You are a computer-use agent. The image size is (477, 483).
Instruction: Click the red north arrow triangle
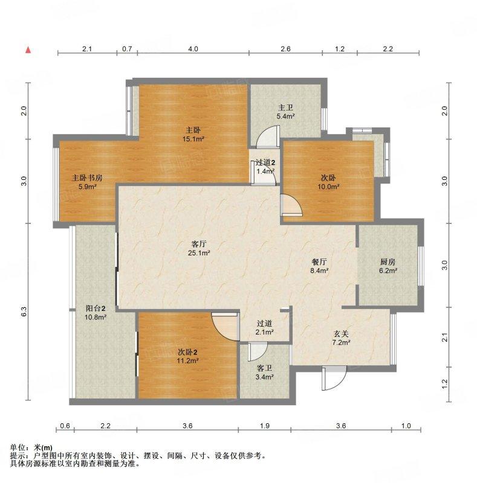click(28, 50)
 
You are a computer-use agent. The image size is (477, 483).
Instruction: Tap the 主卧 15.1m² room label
click(193, 134)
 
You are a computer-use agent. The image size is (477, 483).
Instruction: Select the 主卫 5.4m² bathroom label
click(285, 112)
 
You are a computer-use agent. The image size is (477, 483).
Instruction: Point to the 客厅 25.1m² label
click(199, 249)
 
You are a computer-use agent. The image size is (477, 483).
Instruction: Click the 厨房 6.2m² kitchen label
click(388, 266)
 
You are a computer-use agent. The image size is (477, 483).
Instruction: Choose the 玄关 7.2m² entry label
click(341, 338)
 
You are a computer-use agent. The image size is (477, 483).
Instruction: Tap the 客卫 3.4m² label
click(264, 373)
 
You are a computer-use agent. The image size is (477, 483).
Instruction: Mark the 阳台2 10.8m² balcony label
click(96, 312)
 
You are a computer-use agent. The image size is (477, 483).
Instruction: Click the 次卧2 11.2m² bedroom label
click(187, 356)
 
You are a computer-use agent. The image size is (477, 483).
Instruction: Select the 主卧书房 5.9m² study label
click(87, 182)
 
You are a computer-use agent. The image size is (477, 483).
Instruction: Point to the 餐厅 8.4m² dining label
click(319, 266)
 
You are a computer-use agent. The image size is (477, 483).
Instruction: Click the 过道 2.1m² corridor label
click(264, 327)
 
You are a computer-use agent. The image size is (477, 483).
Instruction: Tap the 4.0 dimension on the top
click(193, 49)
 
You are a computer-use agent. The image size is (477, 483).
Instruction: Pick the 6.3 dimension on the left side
click(24, 312)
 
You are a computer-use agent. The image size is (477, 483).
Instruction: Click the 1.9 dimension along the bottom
click(265, 426)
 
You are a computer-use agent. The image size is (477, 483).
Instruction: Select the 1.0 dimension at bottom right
click(406, 426)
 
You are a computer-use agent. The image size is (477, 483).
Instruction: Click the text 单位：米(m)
click(31, 447)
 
